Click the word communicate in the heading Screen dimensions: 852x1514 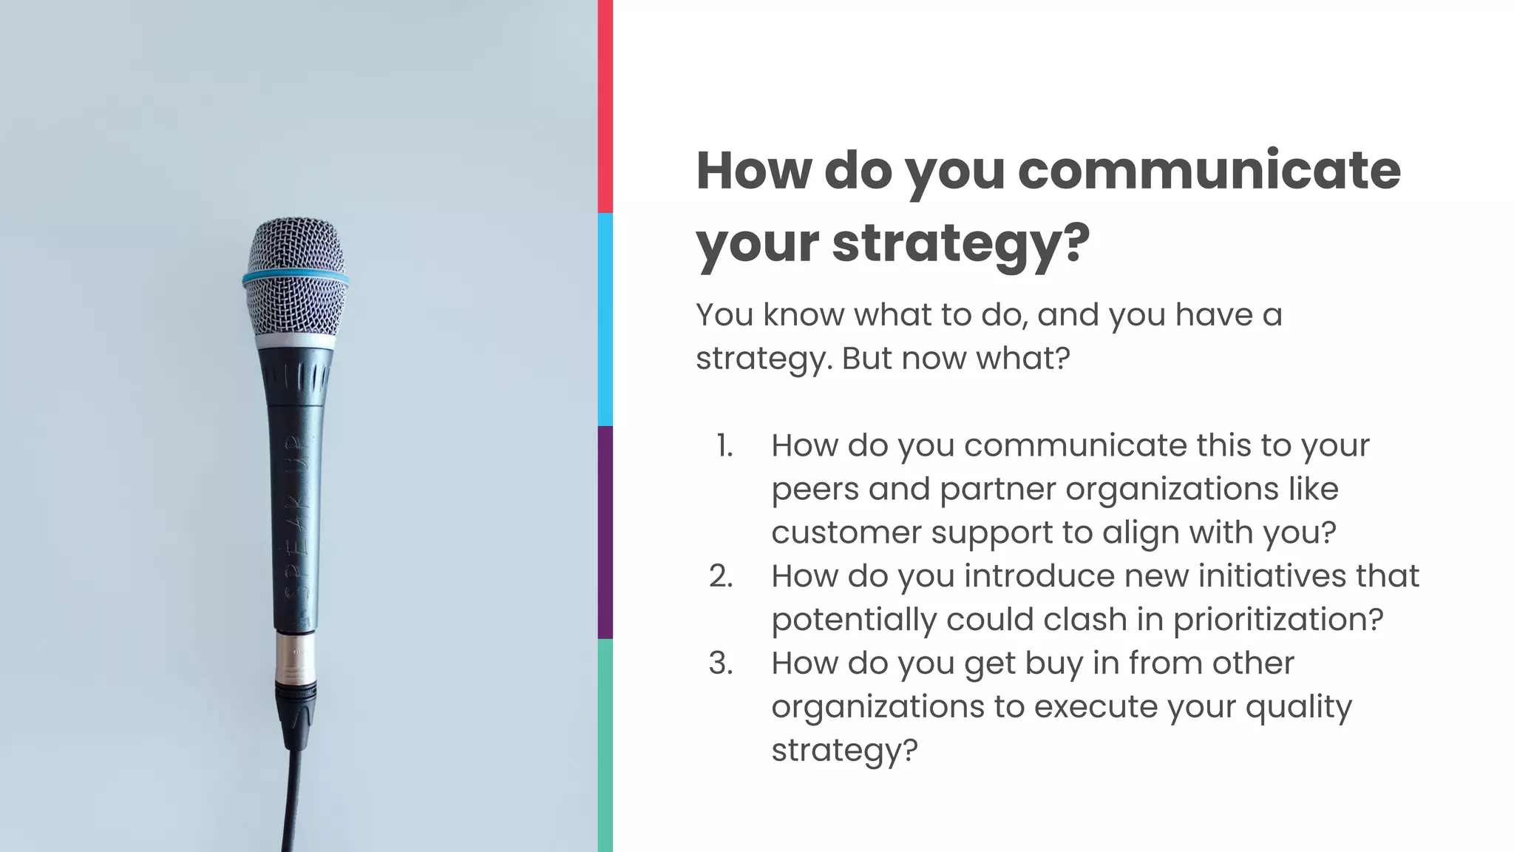tap(1209, 170)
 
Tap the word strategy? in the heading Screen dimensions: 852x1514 tap(960, 243)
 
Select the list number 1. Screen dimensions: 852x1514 tap(724, 446)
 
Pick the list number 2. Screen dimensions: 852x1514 tap(721, 576)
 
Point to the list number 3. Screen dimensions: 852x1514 tap(721, 663)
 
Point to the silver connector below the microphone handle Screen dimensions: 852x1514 tap(295, 658)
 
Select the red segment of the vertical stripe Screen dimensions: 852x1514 tap(605, 106)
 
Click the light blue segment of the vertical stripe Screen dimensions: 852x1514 tap(605, 319)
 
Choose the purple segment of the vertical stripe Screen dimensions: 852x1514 tap(605, 532)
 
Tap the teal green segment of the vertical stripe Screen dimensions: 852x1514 tap(605, 745)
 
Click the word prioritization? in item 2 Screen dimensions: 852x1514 tap(1278, 620)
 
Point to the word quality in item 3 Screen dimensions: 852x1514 tap(1298, 707)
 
